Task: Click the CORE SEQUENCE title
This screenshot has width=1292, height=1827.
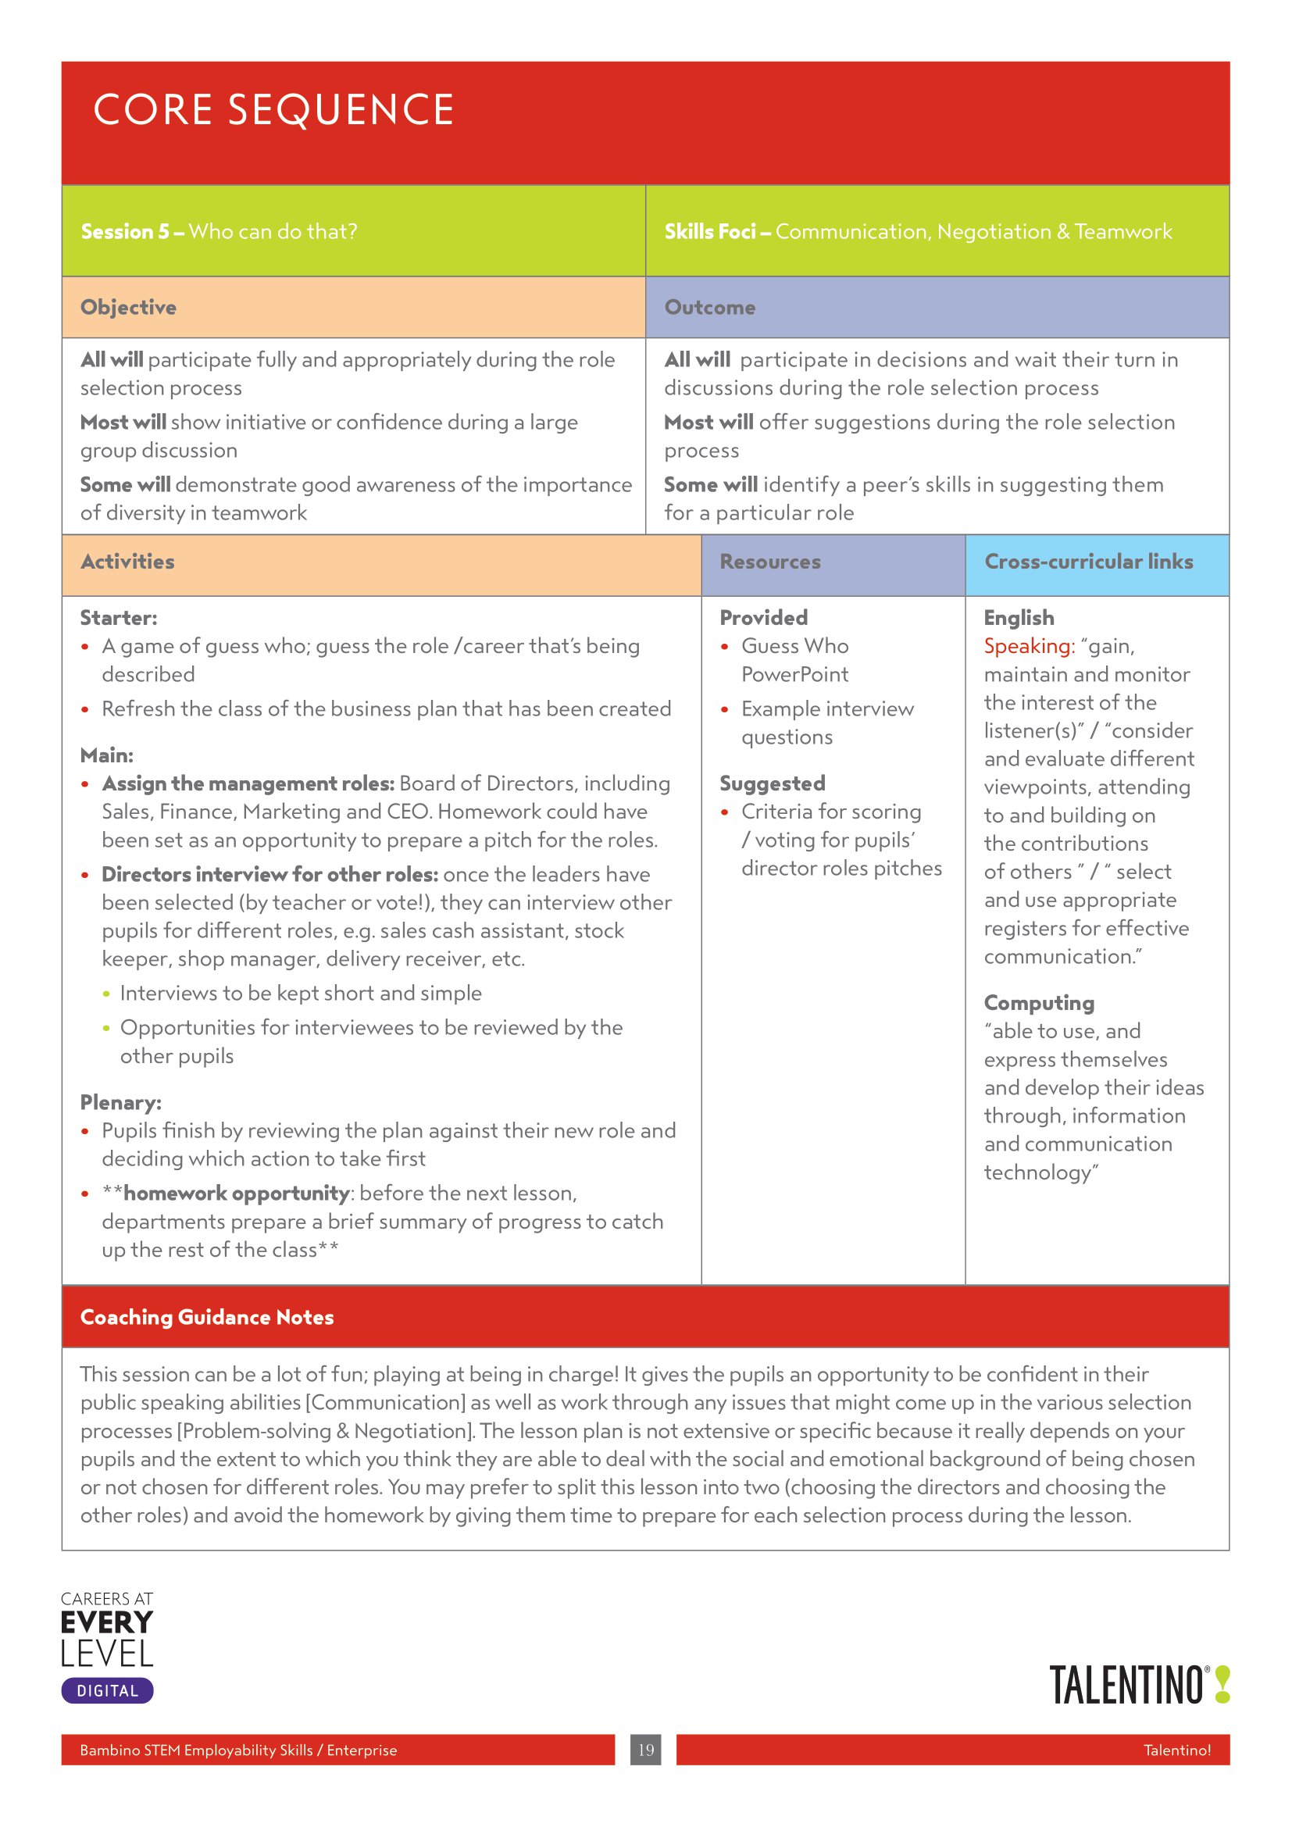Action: point(273,110)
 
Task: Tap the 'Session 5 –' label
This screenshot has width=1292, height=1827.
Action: point(132,231)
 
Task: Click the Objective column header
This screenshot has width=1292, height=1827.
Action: point(128,307)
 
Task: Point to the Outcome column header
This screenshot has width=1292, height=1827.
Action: point(709,307)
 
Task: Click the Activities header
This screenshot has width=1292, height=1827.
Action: point(127,562)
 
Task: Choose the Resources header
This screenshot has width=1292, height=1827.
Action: point(769,562)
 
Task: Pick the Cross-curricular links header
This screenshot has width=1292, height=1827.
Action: point(1088,562)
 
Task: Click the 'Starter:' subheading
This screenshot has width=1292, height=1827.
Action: point(119,618)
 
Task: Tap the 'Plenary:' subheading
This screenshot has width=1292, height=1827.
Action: point(120,1102)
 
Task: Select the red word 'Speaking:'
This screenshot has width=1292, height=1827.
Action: point(1029,646)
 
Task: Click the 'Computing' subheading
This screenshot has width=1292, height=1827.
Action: point(1038,1003)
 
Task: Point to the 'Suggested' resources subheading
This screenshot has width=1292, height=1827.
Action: point(772,783)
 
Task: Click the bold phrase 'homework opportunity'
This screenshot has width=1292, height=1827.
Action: point(236,1193)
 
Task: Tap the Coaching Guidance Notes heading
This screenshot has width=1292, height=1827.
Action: point(207,1317)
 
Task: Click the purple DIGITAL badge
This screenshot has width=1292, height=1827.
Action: point(107,1691)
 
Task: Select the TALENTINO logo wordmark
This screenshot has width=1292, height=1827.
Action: point(1126,1686)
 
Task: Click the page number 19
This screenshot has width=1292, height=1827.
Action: point(645,1750)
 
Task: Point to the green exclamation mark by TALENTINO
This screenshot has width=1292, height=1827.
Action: point(1222,1685)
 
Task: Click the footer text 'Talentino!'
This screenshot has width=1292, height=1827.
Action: point(1176,1750)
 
